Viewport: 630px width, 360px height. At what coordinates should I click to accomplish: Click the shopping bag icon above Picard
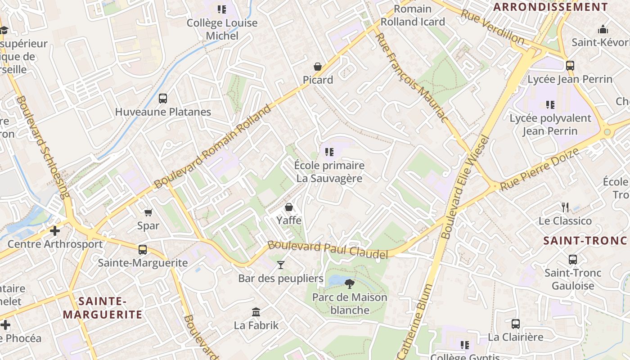point(318,67)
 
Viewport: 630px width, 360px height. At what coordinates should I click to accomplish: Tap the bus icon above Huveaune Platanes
point(163,98)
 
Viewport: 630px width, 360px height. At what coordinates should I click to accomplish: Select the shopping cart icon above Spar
point(148,212)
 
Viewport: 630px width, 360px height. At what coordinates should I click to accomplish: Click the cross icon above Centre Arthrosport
point(55,231)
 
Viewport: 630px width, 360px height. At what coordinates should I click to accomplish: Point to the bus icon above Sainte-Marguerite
point(143,249)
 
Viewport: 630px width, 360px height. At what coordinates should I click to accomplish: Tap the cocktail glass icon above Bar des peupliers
point(281,265)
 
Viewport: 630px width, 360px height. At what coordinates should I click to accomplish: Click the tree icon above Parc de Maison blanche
point(349,283)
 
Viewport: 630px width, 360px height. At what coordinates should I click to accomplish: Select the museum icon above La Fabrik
point(256,312)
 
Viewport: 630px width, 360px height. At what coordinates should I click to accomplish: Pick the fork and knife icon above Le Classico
point(565,207)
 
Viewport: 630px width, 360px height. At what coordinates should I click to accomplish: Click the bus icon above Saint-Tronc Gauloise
point(573,260)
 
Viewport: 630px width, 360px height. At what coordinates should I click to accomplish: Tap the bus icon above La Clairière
point(516,324)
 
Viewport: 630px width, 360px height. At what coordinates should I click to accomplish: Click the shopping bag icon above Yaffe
point(289,207)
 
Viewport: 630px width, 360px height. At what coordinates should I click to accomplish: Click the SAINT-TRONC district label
point(585,240)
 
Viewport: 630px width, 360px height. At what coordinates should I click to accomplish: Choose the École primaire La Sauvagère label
point(329,172)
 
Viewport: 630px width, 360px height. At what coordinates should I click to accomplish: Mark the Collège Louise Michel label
point(222,29)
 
